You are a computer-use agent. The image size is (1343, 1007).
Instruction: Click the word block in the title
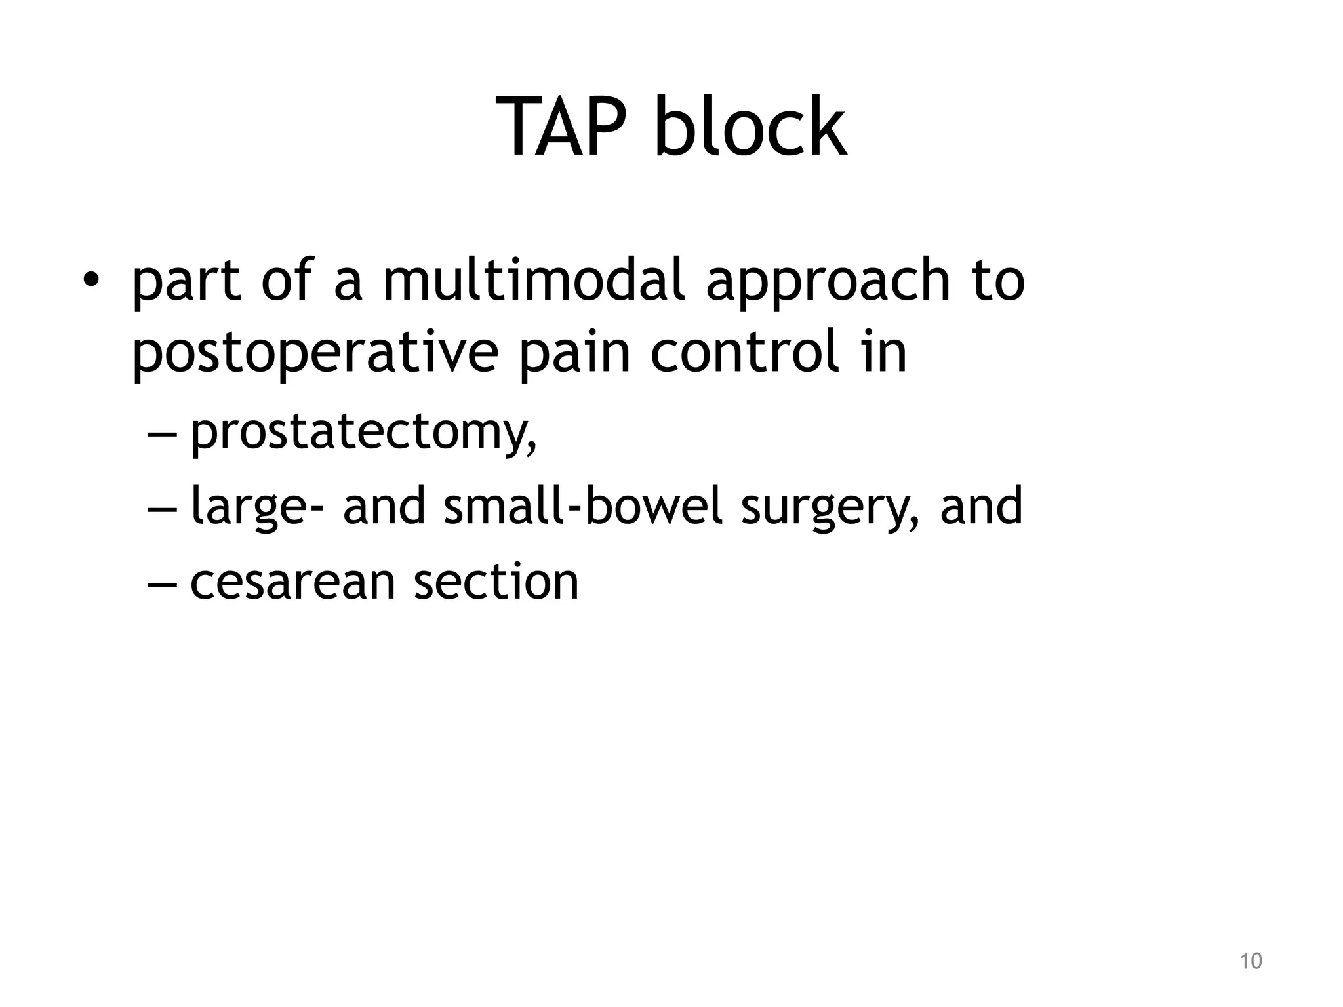(x=750, y=127)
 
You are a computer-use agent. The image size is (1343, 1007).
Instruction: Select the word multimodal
(x=534, y=280)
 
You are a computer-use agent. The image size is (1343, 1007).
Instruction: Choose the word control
(x=745, y=353)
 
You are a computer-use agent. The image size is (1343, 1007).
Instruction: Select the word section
(x=496, y=581)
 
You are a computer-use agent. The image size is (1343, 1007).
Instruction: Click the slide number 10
(x=1251, y=961)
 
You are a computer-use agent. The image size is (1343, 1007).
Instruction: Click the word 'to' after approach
(x=998, y=281)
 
